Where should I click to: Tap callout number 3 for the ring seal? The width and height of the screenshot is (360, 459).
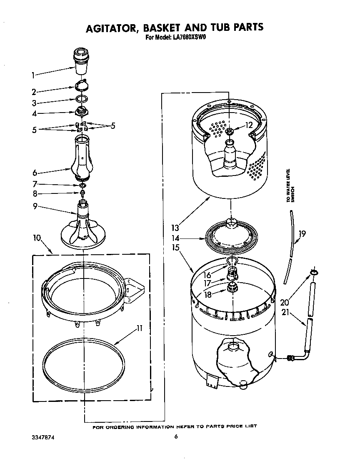(34, 103)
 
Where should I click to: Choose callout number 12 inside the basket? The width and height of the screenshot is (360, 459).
(249, 125)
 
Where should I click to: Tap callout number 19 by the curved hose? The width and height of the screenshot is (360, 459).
(302, 233)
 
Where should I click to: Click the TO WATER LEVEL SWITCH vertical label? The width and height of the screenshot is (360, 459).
(290, 186)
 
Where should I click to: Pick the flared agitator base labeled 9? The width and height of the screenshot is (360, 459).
(83, 231)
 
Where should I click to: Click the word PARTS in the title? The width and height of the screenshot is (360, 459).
(242, 28)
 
